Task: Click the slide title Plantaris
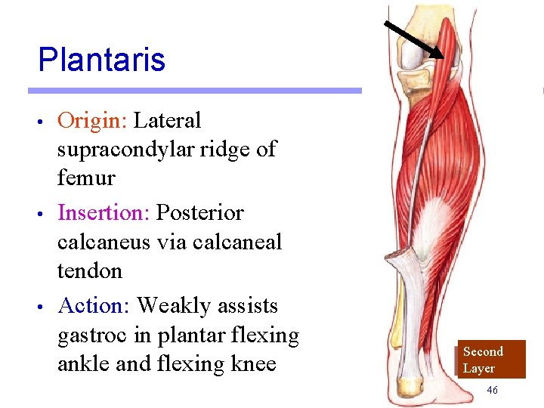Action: click(x=101, y=60)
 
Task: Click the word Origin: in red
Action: click(x=92, y=120)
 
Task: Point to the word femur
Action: click(x=86, y=178)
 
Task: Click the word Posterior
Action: click(x=199, y=213)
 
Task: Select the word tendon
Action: click(x=89, y=270)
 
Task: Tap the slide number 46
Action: click(x=492, y=390)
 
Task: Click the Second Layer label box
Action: click(x=491, y=360)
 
